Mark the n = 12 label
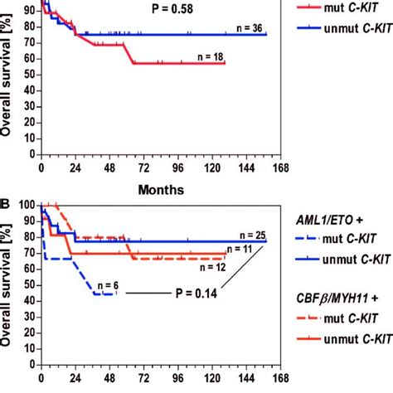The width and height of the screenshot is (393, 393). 201,266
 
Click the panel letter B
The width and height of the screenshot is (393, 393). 7,201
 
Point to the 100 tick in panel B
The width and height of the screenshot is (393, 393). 26,205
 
